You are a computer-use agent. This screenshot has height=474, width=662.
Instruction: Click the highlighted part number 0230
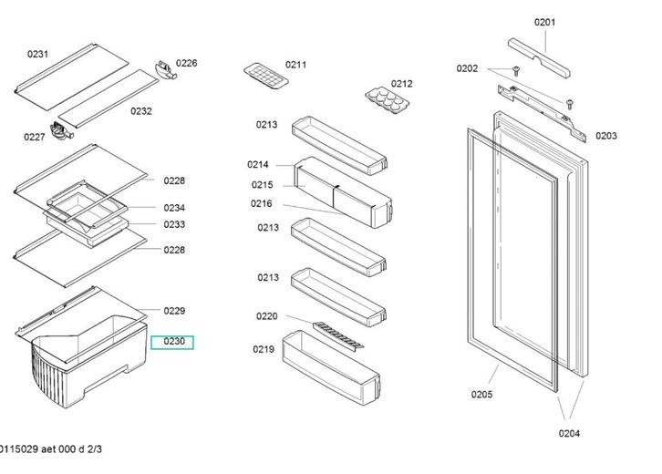click(x=173, y=342)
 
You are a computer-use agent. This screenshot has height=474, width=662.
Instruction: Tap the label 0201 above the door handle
click(x=544, y=22)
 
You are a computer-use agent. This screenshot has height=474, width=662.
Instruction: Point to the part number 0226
click(x=187, y=63)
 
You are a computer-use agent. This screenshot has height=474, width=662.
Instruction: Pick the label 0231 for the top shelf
click(x=37, y=55)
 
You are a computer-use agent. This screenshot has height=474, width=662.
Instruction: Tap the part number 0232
click(x=140, y=111)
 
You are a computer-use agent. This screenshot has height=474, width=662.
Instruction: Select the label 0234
click(x=174, y=208)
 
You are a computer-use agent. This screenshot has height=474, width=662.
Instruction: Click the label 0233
click(x=174, y=224)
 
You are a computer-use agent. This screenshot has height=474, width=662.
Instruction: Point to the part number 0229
click(x=174, y=312)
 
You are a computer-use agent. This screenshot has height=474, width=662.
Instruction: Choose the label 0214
click(x=257, y=165)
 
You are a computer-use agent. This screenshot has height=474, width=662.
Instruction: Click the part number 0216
click(x=262, y=204)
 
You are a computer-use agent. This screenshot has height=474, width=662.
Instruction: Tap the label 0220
click(x=266, y=316)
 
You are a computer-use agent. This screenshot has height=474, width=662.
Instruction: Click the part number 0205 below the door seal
click(x=481, y=395)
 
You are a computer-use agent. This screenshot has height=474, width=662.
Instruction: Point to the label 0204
click(x=569, y=434)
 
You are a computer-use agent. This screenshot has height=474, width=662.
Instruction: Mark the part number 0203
click(x=606, y=136)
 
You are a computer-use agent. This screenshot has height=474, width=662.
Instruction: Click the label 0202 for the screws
click(x=467, y=68)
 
